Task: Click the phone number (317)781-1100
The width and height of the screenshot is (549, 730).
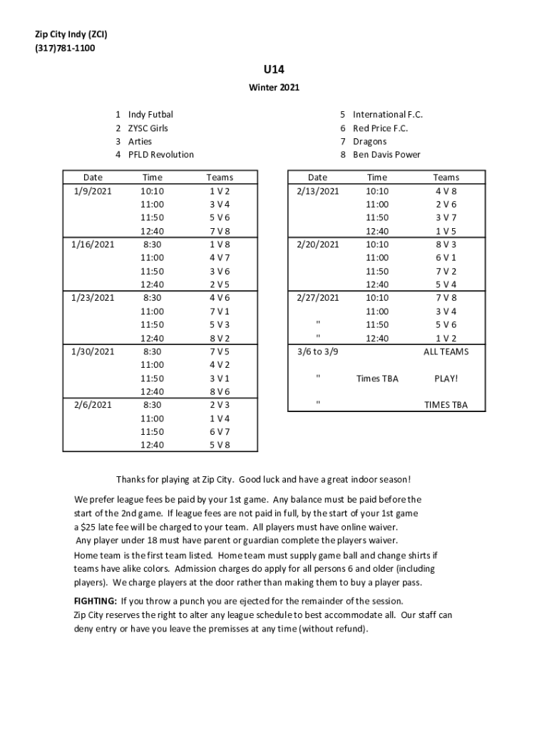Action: [65, 48]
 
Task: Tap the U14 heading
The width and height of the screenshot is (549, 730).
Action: [274, 70]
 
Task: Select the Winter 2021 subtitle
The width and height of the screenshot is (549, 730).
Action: [274, 88]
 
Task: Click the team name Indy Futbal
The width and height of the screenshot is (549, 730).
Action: [150, 114]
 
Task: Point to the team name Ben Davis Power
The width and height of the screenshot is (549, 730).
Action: [386, 155]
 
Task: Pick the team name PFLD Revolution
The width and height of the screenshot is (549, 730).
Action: [160, 155]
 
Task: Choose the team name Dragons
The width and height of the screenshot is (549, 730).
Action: [369, 141]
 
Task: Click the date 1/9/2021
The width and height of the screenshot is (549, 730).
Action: [93, 191]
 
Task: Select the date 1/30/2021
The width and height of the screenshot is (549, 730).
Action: [93, 351]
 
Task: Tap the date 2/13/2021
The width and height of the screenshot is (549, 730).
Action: [318, 191]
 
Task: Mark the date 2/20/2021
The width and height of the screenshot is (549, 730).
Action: [318, 245]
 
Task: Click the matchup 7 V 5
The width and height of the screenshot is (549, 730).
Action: [220, 351]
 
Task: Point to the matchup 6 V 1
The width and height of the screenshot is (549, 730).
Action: [446, 257]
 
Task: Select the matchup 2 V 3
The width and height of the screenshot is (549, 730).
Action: [220, 405]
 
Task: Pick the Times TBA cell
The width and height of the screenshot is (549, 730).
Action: [377, 379]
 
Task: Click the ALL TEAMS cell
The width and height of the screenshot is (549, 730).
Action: [446, 351]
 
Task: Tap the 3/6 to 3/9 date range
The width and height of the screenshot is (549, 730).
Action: [318, 351]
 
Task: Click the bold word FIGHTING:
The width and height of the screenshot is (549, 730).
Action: [96, 600]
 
